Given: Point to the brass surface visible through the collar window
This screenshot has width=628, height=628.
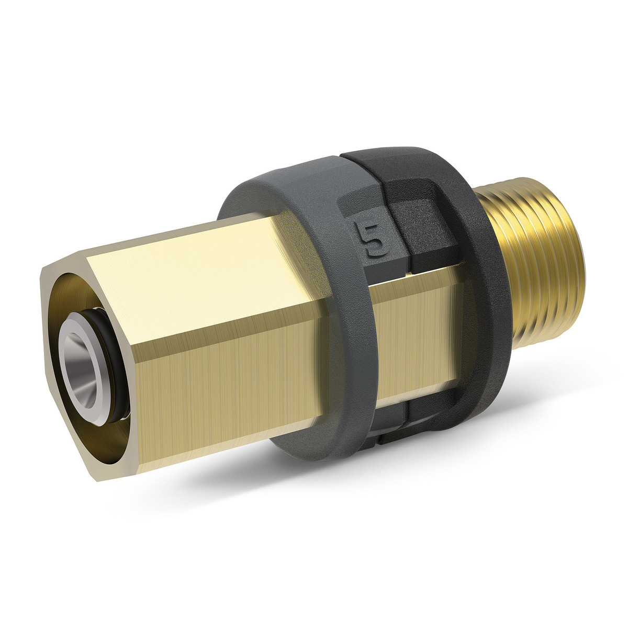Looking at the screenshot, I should pos(419,324).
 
